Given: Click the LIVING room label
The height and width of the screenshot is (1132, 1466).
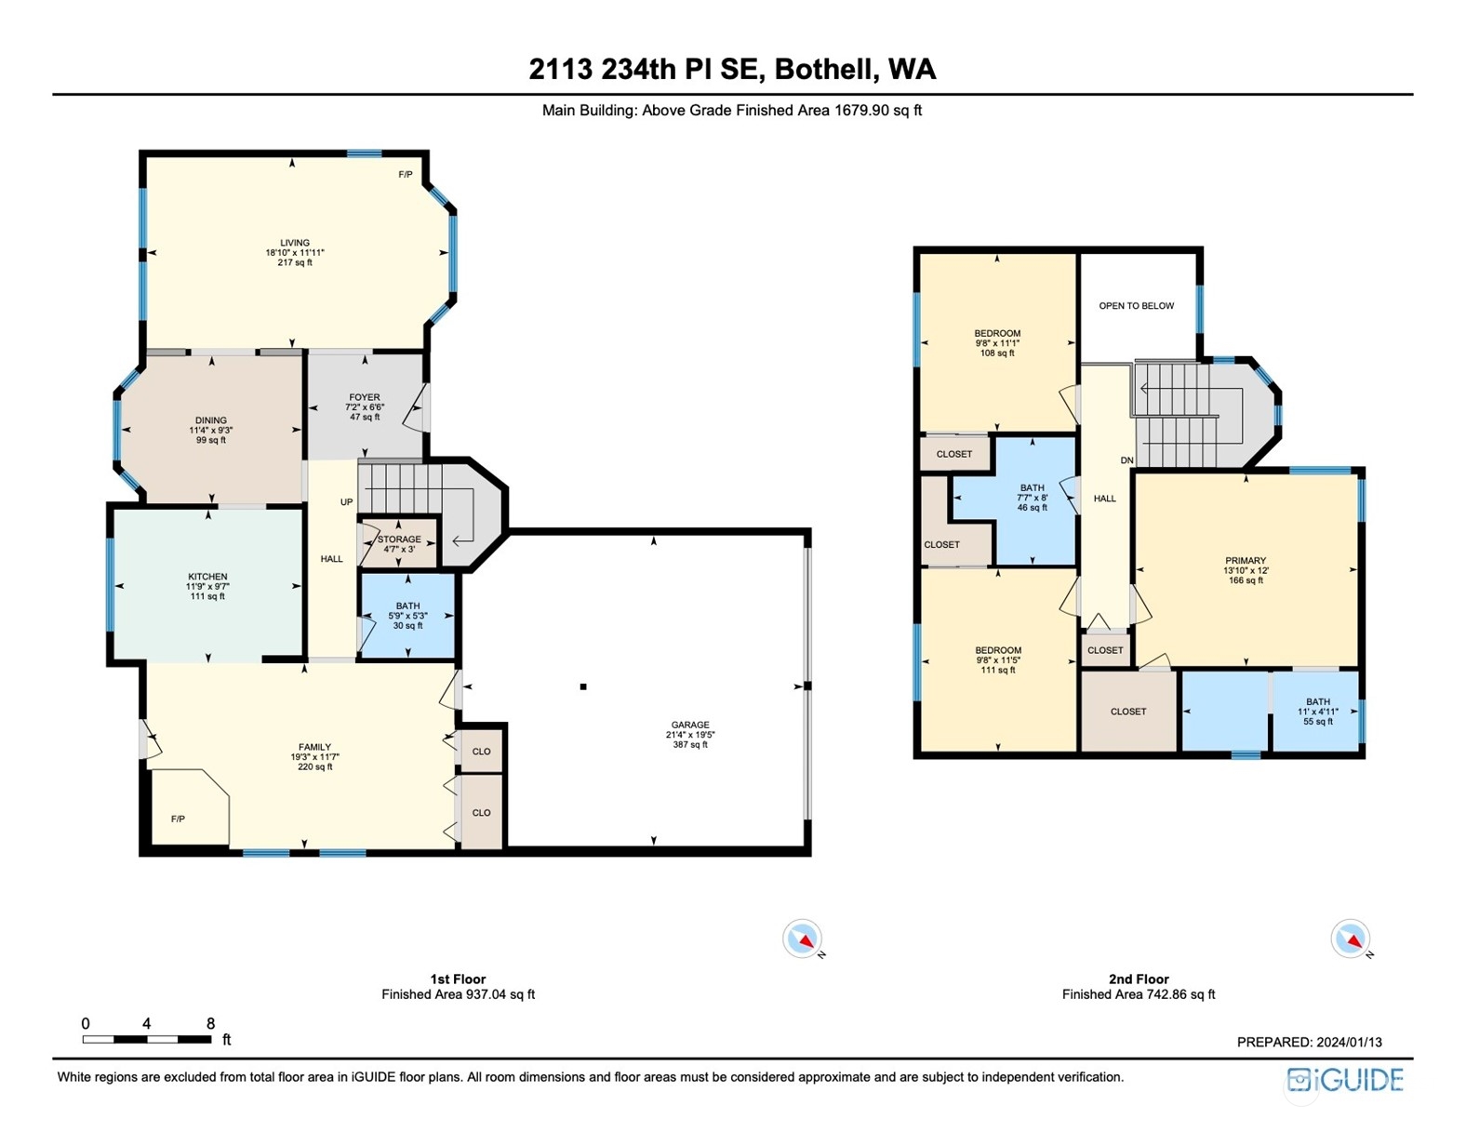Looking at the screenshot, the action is [x=295, y=243].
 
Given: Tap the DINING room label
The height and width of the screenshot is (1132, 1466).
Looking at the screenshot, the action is [x=210, y=420].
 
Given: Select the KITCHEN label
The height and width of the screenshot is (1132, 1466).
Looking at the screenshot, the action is [x=207, y=577].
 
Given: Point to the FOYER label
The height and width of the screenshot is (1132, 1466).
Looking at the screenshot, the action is [x=365, y=397].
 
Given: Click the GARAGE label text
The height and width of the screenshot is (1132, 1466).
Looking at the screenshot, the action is [x=690, y=726].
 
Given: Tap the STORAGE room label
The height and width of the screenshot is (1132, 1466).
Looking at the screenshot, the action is [x=399, y=539].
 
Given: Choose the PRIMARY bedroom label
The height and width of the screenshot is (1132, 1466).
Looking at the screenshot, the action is [x=1246, y=561].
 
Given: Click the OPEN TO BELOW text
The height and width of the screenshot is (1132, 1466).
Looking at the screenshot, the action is [x=1136, y=306].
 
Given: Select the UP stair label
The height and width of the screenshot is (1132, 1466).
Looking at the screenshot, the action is [x=346, y=502].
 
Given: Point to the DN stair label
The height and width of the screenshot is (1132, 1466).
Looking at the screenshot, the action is [x=1126, y=460].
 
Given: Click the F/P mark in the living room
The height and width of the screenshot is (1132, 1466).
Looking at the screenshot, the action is [x=405, y=175].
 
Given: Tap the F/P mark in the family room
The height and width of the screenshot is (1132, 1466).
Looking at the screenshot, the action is [x=178, y=819].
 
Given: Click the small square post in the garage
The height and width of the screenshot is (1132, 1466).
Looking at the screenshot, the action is [x=583, y=686].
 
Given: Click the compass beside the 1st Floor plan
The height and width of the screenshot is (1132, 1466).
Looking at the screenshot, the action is [x=803, y=939].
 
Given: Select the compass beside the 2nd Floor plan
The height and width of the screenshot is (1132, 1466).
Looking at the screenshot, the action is [x=1351, y=939].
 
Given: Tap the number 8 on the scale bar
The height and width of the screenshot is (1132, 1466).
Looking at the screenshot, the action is [x=210, y=1023].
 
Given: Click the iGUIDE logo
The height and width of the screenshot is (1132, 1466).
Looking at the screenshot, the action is [x=1345, y=1080].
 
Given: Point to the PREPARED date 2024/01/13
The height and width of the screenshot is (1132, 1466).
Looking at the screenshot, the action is [x=1340, y=1043].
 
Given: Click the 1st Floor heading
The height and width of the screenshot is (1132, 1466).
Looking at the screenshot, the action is [x=458, y=979].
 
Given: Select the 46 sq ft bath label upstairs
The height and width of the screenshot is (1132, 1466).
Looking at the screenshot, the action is [x=1033, y=507].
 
